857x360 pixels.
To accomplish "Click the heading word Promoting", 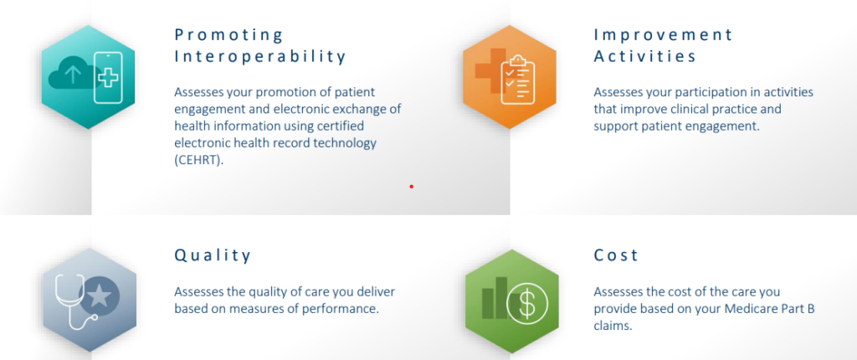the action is click(x=229, y=36).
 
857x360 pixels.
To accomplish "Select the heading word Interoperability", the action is click(x=260, y=57).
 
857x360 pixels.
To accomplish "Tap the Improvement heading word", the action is click(x=663, y=35).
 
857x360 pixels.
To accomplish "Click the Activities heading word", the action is click(x=645, y=56).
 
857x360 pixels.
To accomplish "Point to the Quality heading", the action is click(x=213, y=255).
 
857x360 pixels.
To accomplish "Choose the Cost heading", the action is click(x=616, y=255).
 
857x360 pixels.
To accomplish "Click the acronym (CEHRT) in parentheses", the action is click(x=199, y=161).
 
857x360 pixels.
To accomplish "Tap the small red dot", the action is click(x=412, y=187).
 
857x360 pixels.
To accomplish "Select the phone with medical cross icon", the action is click(x=108, y=77).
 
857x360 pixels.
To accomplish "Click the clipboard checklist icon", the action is click(x=516, y=80).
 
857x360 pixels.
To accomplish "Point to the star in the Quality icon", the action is click(x=100, y=297).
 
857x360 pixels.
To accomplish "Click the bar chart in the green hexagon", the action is click(x=495, y=298).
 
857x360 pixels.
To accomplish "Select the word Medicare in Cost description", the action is click(x=749, y=309).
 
